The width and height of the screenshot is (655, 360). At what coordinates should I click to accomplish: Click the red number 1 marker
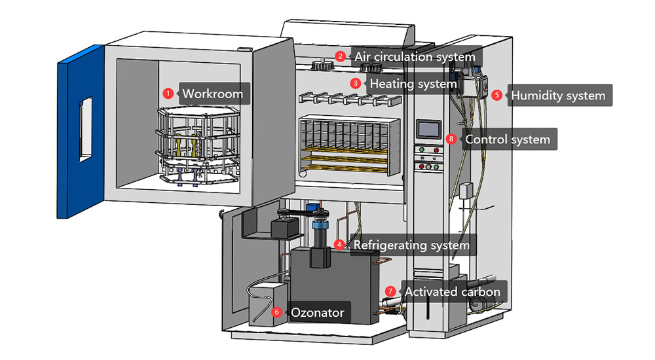(x=168, y=93)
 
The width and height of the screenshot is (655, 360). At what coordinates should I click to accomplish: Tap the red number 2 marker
(x=340, y=56)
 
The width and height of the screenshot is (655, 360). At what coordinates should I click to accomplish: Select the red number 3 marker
(x=356, y=84)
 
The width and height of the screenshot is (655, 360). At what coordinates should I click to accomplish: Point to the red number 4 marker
(x=339, y=245)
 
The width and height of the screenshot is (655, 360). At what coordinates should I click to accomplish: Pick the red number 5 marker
(x=496, y=95)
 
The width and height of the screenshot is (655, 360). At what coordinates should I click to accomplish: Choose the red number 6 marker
(x=276, y=312)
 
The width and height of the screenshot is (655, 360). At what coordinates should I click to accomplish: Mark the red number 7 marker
(x=390, y=291)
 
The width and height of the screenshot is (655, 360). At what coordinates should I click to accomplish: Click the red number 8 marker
(x=450, y=139)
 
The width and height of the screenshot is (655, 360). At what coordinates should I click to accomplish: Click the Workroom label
(x=212, y=94)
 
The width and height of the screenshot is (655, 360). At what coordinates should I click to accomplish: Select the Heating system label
(x=413, y=84)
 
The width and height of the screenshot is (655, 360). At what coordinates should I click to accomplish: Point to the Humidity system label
(x=558, y=96)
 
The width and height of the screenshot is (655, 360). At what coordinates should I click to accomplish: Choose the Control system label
(x=508, y=139)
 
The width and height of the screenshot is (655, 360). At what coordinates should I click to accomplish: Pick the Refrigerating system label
(x=411, y=245)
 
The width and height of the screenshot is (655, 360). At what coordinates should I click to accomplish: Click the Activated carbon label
(x=452, y=291)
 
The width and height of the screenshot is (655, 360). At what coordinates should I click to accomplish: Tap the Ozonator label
(x=317, y=313)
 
